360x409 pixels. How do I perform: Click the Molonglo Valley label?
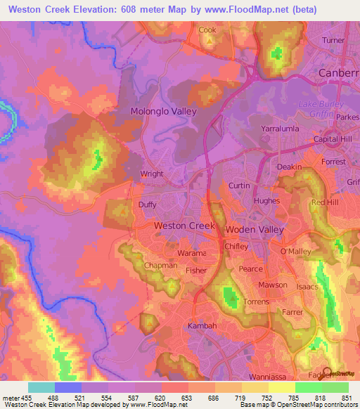(x=164, y=111)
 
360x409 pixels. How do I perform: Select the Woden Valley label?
(x=255, y=230)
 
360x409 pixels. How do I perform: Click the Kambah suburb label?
(x=203, y=327)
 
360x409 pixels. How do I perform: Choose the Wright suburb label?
(x=152, y=174)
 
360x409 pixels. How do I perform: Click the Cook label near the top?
(x=207, y=30)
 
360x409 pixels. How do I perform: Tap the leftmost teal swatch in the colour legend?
(x=41, y=387)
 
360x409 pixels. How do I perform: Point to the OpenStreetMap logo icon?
(x=327, y=373)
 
